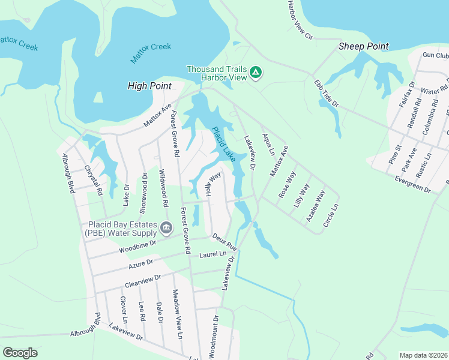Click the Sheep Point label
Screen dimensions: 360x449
(x=363, y=46)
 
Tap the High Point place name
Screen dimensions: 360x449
(x=149, y=86)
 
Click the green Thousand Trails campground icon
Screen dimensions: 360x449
(x=255, y=73)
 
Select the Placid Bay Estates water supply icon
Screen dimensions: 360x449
(x=166, y=227)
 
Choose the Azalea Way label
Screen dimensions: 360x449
(x=316, y=206)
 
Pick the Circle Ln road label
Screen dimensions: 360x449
(x=331, y=215)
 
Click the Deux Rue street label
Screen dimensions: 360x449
(x=224, y=242)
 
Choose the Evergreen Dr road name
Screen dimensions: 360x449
(x=413, y=184)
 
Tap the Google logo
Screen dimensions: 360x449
(x=20, y=353)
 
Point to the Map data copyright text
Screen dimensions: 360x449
(x=423, y=355)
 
